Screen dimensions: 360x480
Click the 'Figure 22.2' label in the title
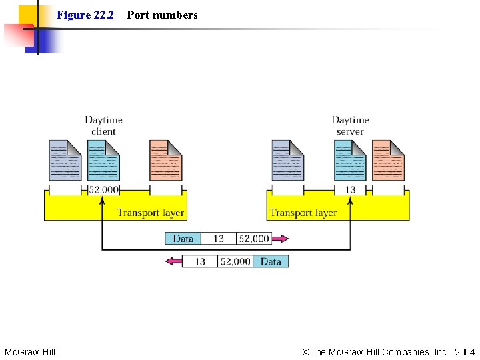coord(85,15)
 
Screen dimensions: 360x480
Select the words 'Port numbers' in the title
coord(162,15)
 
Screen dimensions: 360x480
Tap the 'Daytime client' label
coord(103,125)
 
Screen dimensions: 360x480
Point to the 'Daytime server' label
coord(350,125)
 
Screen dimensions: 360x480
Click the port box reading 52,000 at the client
coord(103,190)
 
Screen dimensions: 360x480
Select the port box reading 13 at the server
coord(350,190)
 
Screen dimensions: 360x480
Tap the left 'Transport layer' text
coord(151,213)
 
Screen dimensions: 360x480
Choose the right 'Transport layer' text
coord(303,213)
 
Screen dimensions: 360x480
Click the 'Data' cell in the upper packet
coord(183,239)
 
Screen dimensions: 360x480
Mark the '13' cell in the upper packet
coord(219,239)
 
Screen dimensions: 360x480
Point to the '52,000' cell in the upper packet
coord(253,239)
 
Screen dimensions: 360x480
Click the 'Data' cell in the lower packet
coord(271,261)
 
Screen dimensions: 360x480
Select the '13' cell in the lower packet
coord(200,261)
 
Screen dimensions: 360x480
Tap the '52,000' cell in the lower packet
coord(235,261)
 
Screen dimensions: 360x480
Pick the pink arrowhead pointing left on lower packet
coord(173,261)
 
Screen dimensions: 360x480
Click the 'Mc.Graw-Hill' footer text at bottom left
coord(30,351)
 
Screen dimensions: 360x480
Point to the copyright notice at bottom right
coord(389,351)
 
